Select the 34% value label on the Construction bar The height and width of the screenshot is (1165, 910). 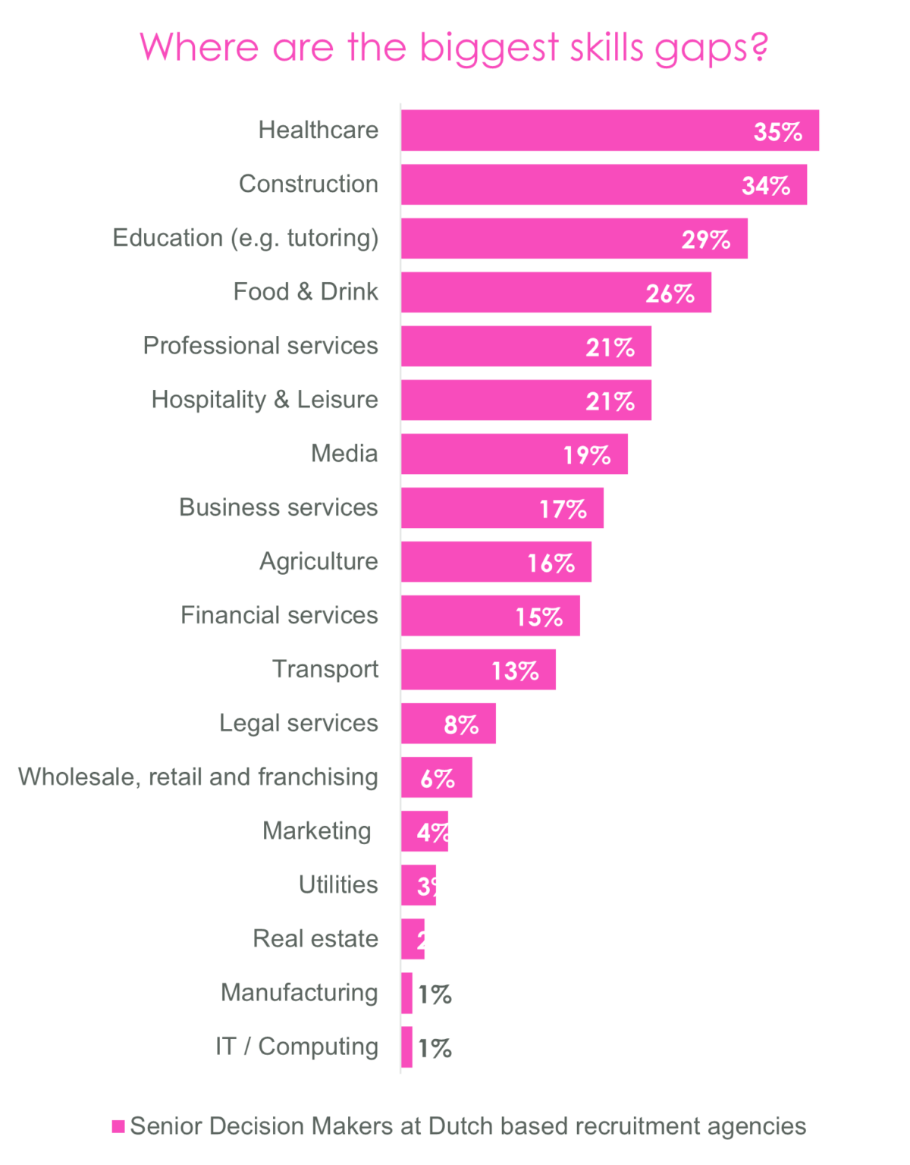coord(766,186)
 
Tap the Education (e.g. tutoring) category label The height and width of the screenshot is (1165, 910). coord(245,238)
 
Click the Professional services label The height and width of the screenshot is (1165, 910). coord(260,346)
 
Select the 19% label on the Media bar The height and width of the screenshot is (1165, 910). coord(587,455)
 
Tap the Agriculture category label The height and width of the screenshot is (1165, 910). coord(318,561)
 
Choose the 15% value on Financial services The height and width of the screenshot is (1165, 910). coord(539,617)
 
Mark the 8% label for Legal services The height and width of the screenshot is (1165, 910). coord(461,725)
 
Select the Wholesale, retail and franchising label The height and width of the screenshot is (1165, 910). coord(198,777)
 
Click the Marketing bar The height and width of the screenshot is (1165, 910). coord(425,831)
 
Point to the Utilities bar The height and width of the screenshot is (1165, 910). coord(419,885)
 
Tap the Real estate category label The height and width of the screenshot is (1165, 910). coord(315,939)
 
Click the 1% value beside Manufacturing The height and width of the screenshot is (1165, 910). coord(435,994)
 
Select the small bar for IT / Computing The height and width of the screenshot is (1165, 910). coord(407,1047)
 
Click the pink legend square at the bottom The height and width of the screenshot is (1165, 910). coord(118,1126)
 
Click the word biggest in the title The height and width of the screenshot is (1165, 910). coord(489,48)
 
